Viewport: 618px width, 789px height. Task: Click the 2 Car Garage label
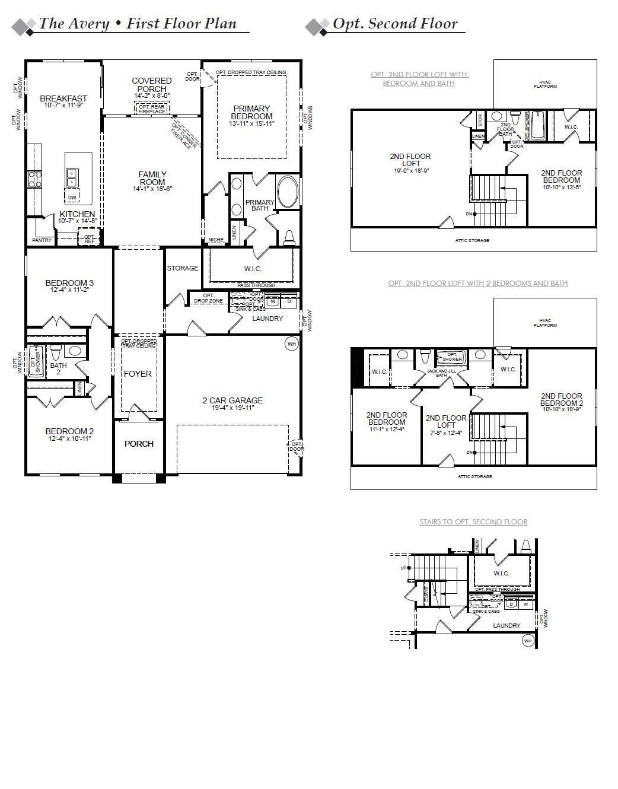pos(232,400)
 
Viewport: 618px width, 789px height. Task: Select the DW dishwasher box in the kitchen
pos(72,197)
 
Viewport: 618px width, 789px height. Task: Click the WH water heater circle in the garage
pos(291,343)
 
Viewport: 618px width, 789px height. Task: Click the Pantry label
pos(42,240)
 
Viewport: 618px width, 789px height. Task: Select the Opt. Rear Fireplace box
pos(152,109)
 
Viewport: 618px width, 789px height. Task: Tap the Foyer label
pos(138,374)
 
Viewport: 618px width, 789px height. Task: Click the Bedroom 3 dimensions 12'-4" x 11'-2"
pos(69,290)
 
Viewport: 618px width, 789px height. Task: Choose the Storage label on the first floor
pos(183,268)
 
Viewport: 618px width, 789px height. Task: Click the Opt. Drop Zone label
pos(208,298)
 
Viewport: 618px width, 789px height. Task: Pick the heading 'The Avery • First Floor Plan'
pos(138,24)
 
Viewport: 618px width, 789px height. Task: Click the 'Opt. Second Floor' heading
pos(395,24)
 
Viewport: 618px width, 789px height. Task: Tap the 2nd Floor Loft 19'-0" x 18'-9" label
pos(410,160)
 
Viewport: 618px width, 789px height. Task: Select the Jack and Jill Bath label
pos(441,373)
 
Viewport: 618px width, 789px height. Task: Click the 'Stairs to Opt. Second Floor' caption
pos(473,522)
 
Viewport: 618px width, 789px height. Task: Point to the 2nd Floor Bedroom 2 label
pos(561,400)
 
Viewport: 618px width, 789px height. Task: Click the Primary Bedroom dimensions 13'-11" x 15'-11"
pos(251,124)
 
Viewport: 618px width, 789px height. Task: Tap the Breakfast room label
pos(63,98)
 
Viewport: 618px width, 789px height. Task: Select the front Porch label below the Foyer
pos(139,444)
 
